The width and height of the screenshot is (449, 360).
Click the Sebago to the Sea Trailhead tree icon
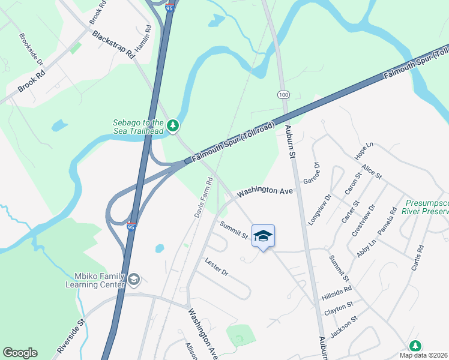pos(173,125)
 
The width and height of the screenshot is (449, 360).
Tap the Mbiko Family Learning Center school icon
pos(134,280)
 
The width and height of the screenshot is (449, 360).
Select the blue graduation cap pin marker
pos(263,236)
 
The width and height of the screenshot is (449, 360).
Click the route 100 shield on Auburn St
pos(283,95)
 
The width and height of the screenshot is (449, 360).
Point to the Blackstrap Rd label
pos(113,44)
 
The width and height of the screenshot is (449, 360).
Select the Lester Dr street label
pos(216,268)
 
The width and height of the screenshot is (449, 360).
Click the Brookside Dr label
pos(31,49)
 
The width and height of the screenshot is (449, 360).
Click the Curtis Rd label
pos(418,257)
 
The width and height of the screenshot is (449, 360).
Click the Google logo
pos(20,353)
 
